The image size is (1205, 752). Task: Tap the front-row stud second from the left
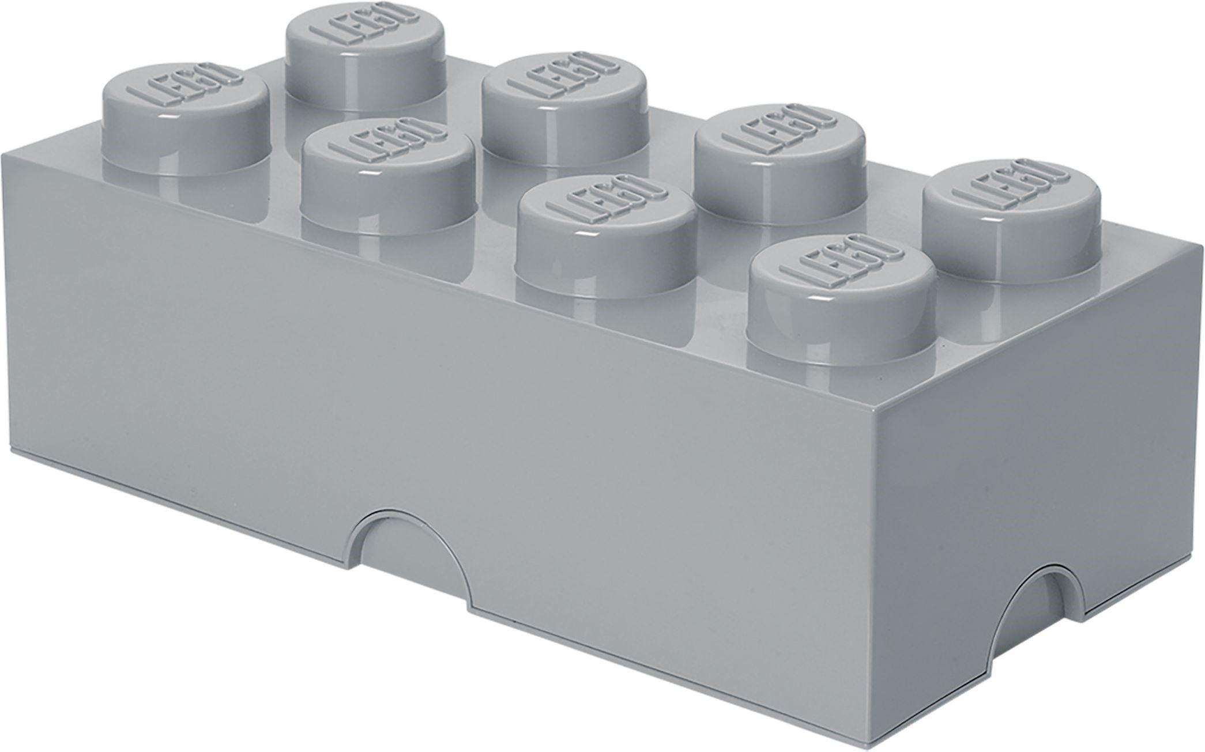pos(386,172)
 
